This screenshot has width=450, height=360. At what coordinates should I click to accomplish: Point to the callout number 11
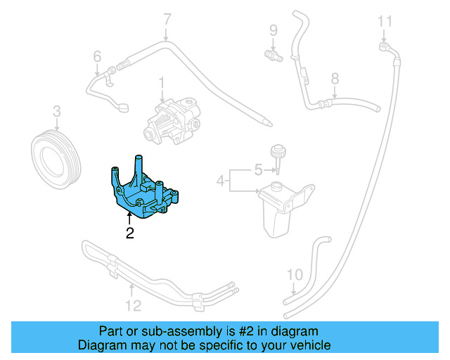[x=384, y=21]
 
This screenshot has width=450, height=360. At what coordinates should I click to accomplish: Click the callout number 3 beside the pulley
[x=56, y=111]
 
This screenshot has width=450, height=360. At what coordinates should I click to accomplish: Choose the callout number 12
[x=133, y=305]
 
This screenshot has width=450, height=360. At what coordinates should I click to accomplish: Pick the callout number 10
[x=295, y=274]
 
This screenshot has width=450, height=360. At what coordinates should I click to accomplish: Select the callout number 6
[x=97, y=56]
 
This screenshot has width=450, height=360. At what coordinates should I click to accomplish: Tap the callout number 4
[x=220, y=181]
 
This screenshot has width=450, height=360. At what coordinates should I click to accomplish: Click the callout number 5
[x=257, y=169]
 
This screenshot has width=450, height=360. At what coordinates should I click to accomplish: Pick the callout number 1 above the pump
[x=161, y=83]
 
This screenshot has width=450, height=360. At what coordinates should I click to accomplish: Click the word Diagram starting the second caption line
[x=103, y=345]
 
